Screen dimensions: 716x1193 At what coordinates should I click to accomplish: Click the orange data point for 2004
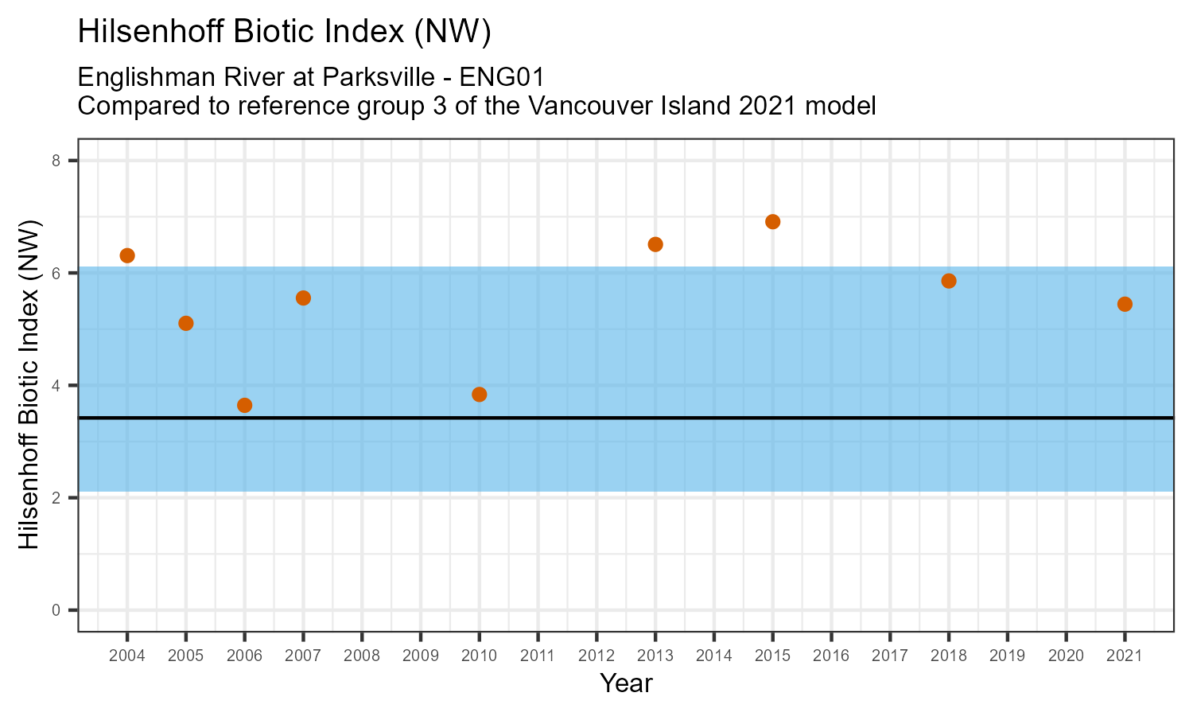coord(127,255)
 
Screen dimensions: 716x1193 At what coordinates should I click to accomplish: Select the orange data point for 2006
coord(245,405)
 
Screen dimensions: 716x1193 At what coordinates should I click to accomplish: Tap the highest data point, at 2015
coord(772,222)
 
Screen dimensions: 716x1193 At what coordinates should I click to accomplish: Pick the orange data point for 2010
coord(480,395)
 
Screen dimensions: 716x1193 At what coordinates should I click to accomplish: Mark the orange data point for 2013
coord(655,244)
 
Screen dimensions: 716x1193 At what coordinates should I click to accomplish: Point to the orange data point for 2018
coord(949,281)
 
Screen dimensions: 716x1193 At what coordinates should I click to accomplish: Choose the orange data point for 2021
coord(1125,304)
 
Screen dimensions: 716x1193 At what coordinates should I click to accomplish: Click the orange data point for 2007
coord(303,298)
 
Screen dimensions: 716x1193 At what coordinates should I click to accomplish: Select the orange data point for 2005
coord(186,323)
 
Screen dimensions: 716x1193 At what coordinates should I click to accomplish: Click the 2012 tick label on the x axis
coord(596,656)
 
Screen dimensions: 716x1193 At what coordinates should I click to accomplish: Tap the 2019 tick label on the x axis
coord(1007,656)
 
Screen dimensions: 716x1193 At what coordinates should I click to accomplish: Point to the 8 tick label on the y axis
coord(56,161)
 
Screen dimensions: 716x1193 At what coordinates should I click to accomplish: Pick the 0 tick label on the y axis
coord(56,610)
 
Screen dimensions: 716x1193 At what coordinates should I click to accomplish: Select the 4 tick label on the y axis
coord(56,386)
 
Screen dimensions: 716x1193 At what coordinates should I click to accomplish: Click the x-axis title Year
coord(626,683)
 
